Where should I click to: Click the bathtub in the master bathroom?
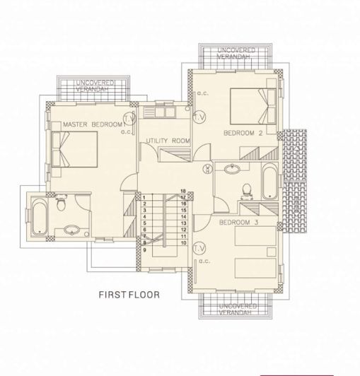pyautogui.click(x=38, y=216)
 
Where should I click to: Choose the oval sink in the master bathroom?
pyautogui.click(x=71, y=230)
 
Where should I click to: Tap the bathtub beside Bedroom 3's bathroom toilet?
pyautogui.click(x=269, y=182)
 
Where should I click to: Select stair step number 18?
pyautogui.click(x=182, y=191)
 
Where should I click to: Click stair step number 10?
pyautogui.click(x=182, y=242)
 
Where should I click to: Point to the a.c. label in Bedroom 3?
pyautogui.click(x=204, y=261)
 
